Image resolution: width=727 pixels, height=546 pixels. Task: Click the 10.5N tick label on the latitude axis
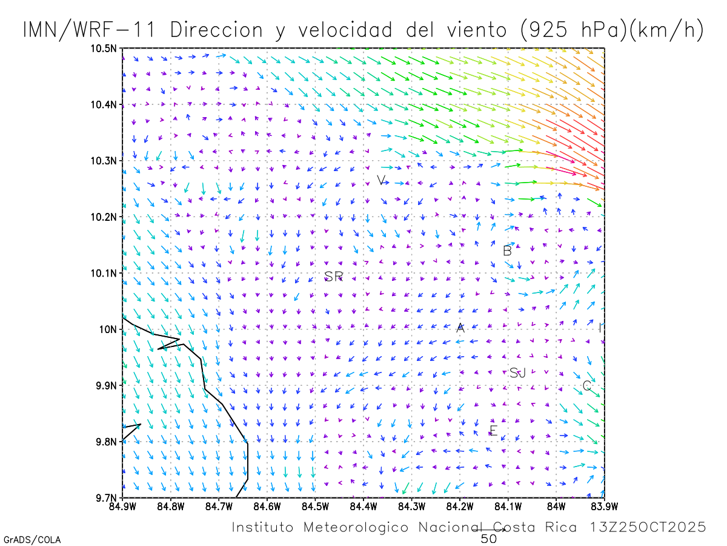104,49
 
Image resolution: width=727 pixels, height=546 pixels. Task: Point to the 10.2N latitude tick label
104,217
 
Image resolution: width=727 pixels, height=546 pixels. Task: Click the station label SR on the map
334,277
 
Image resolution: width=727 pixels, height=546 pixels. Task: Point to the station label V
381,180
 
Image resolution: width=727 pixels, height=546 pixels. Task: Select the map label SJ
517,373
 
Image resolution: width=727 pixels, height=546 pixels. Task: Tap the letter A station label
460,328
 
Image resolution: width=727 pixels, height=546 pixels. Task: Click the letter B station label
508,251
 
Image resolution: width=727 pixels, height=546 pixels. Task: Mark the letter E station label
493,431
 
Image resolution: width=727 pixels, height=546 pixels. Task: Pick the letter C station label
586,386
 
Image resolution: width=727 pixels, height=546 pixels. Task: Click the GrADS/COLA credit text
32,539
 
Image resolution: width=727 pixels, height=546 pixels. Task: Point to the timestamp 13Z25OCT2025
648,527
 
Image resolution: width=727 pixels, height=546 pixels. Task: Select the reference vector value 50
489,538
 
